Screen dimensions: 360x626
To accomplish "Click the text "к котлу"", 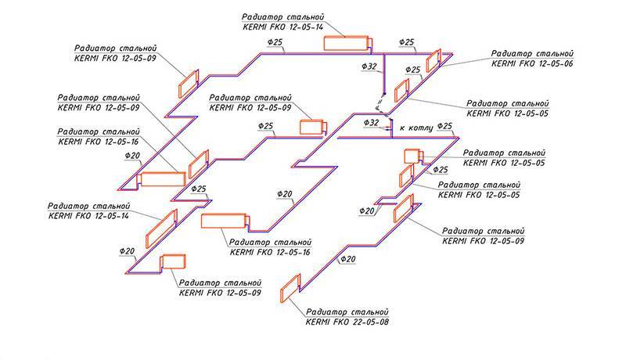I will pos(415,125).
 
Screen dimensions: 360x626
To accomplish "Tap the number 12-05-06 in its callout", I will pos(553,63).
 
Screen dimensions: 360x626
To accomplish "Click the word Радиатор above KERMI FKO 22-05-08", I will pos(328,310).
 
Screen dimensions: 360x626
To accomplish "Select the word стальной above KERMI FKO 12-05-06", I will pos(554,52).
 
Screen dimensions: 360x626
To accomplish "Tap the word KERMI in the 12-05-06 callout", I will pos(503,63).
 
